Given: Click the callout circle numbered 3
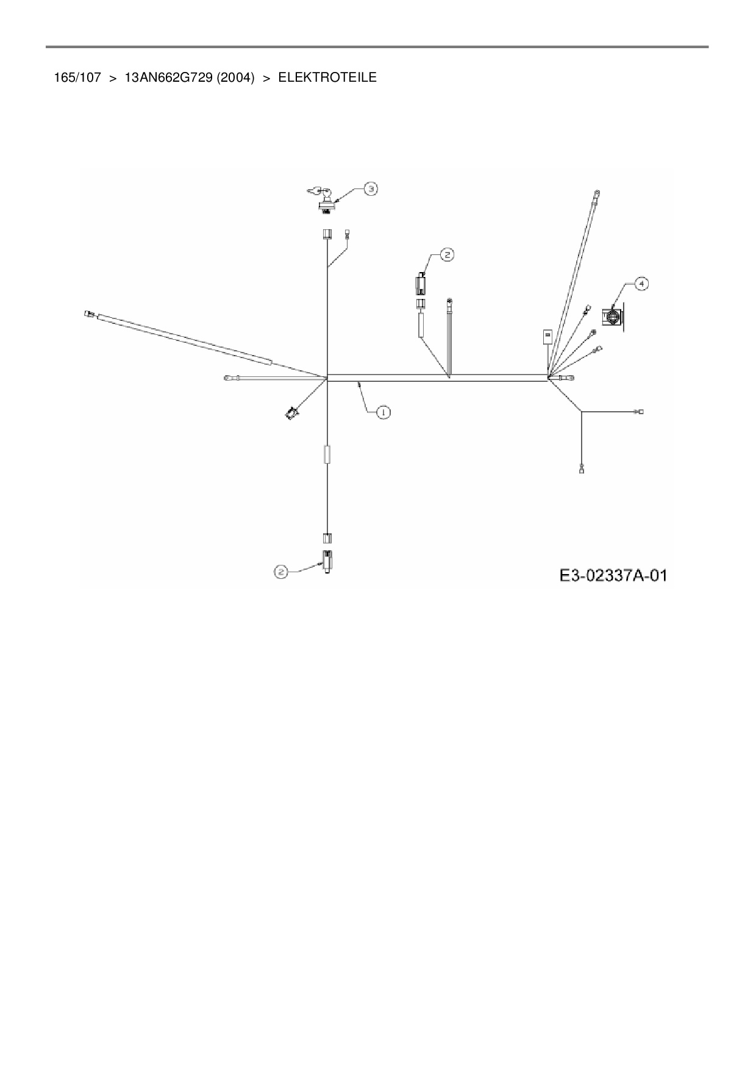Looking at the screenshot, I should [371, 189].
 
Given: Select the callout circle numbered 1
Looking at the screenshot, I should [383, 412].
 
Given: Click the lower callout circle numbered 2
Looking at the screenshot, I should [281, 572].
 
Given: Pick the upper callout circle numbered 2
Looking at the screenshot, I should [447, 254].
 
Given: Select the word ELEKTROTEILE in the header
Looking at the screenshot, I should [327, 77].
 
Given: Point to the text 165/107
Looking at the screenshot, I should [77, 77].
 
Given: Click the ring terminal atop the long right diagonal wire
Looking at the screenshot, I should [597, 195].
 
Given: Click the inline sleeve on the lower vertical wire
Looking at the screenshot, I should [327, 454].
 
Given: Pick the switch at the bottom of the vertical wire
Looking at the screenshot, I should [328, 561].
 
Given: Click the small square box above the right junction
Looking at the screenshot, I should [547, 336].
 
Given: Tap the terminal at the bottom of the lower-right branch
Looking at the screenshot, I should [582, 469].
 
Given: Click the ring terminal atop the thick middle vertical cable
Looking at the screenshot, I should [450, 301].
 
